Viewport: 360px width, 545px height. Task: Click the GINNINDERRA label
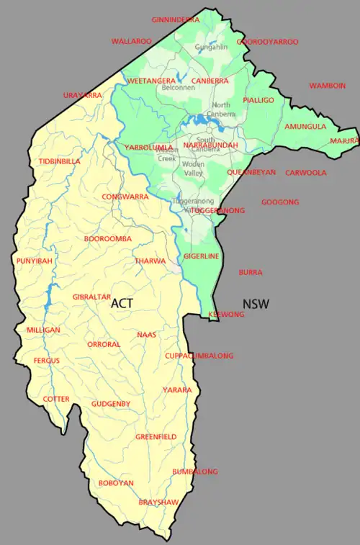coord(175,19)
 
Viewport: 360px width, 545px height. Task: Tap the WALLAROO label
coord(131,42)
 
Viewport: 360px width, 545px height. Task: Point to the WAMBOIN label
coord(328,86)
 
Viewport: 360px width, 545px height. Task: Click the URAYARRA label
coord(82,95)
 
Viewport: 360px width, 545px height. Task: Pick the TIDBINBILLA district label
coord(59,161)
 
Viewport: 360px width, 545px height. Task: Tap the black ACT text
coord(122,304)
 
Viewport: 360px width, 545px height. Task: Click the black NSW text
coord(256,304)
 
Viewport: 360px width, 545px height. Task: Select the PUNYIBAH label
coord(34,261)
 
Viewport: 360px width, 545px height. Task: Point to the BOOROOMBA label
coord(107,238)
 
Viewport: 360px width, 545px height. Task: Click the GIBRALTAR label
coord(91,297)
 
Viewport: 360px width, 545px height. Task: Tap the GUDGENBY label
coord(111,404)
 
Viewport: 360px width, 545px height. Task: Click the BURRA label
coord(251,273)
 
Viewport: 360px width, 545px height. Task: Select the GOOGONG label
coord(280,202)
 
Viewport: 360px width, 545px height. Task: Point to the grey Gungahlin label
coord(210,48)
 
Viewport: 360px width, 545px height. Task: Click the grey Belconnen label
coord(178,88)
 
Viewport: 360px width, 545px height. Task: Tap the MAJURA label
coord(344,141)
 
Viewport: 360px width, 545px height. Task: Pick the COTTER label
coord(56,398)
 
